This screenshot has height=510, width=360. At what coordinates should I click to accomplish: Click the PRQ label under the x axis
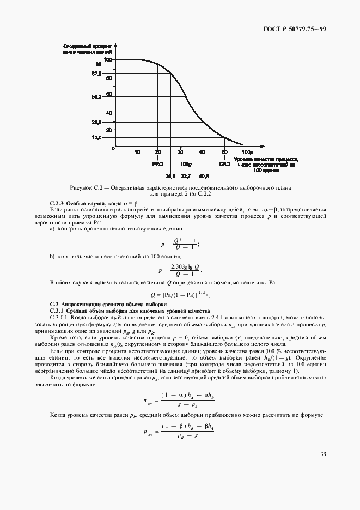[x=158, y=163]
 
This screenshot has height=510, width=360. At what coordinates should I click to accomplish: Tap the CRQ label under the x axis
[x=224, y=163]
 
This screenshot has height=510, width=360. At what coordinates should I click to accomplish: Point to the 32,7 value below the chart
[x=186, y=176]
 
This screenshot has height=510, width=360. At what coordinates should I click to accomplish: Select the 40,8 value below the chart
[x=204, y=176]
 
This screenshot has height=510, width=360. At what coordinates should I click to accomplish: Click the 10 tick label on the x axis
[x=137, y=152]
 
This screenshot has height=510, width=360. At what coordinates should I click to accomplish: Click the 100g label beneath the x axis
[x=186, y=163]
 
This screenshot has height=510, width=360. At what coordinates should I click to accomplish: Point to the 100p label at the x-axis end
[x=247, y=152]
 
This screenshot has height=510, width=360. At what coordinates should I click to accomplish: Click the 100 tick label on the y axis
[x=107, y=59]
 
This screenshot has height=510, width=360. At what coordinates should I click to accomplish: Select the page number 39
[x=323, y=454]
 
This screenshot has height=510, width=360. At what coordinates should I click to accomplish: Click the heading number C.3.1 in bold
[x=58, y=310]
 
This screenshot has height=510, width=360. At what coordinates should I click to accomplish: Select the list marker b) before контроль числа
[x=52, y=256]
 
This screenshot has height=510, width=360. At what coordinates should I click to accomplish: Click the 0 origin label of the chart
[x=113, y=148]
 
